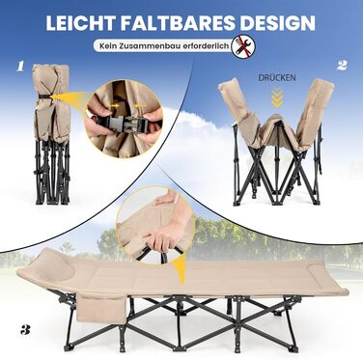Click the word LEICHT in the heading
(80, 23)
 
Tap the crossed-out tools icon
(243, 46)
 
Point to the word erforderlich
(202, 46)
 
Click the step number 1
(20, 67)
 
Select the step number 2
(342, 66)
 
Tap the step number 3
(25, 330)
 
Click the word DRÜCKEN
(277, 77)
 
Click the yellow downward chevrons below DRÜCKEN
(277, 97)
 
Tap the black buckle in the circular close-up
(124, 122)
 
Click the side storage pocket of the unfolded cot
(101, 310)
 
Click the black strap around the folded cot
(44, 96)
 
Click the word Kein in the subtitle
(107, 46)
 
